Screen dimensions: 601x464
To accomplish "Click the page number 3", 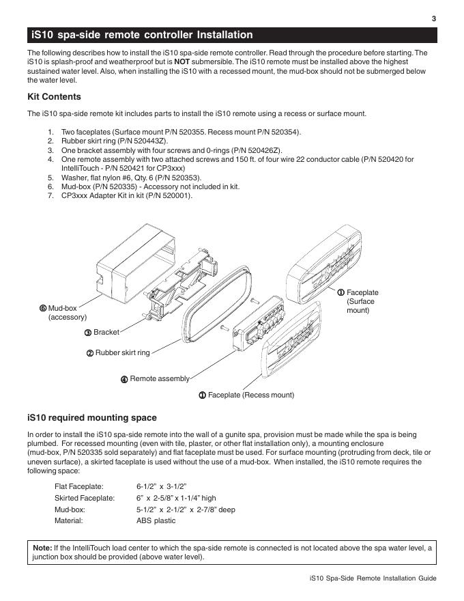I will (x=434, y=18).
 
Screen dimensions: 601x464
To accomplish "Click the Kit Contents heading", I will (x=54, y=97).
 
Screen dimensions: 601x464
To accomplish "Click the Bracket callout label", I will (x=106, y=332).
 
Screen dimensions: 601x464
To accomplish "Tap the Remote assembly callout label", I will (x=160, y=378).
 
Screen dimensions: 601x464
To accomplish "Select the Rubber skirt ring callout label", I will (x=122, y=352).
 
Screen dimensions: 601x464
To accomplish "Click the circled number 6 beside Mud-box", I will (x=43, y=308).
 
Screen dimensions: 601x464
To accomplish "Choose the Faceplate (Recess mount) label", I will (x=250, y=395).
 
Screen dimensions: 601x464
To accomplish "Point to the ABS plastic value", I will (x=156, y=521).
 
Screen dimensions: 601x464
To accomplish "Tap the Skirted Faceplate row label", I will (x=83, y=498).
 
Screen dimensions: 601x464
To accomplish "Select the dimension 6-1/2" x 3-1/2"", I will (x=162, y=486).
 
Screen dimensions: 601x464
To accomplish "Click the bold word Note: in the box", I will (x=42, y=548).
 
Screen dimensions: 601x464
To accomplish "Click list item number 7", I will (x=50, y=195).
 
